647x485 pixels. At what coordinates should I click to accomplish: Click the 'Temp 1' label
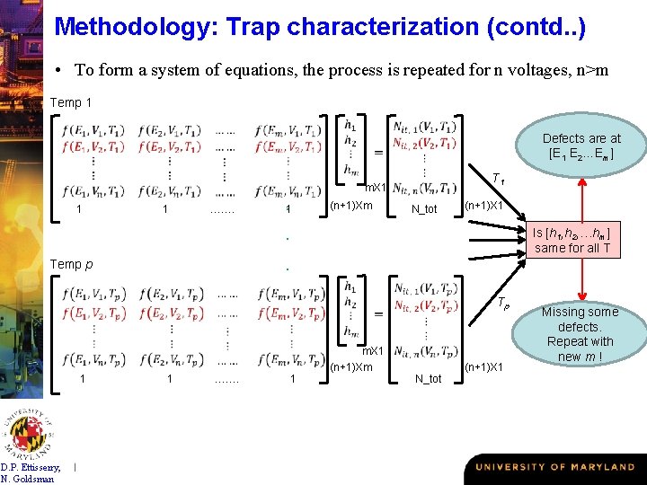pos(71,102)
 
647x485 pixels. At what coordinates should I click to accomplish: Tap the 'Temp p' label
pos(71,264)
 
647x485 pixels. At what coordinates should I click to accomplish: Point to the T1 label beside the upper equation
pos(497,181)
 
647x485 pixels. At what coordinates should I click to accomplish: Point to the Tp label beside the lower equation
pos(503,304)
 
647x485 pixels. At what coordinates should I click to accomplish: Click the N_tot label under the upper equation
pos(424,209)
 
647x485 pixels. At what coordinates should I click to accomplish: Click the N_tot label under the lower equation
pos(428,378)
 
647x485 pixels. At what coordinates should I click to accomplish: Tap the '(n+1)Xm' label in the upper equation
pos(351,206)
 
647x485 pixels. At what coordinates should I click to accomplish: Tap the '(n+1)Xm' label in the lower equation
pos(351,366)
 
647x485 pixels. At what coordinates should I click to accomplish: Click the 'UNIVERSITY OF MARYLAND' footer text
pos(554,467)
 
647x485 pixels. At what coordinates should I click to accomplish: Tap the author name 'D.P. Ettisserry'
pos(31,466)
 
